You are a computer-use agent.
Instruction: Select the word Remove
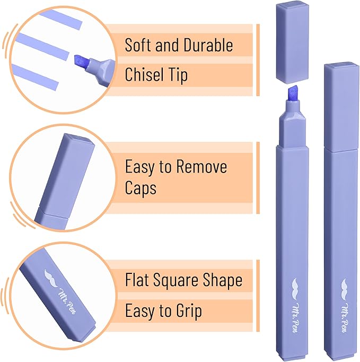coord(201,167)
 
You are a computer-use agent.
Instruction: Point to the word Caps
coord(141,188)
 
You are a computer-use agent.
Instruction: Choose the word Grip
coord(189,311)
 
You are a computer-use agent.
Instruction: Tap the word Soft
coord(138,45)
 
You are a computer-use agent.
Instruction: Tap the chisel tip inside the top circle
coord(80,62)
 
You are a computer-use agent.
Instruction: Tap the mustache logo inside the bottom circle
coord(52,278)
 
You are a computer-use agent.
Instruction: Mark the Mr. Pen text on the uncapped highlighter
coord(295,317)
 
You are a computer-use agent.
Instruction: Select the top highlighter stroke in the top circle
coord(60,19)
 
